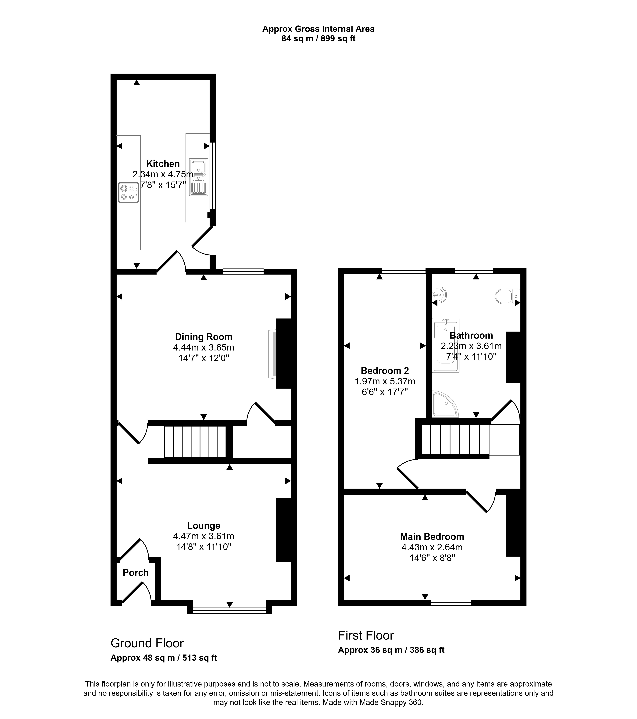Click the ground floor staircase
195,442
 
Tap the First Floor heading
366,635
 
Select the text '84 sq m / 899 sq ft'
318,39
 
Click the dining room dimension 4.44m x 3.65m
204,347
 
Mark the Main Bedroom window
451,603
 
